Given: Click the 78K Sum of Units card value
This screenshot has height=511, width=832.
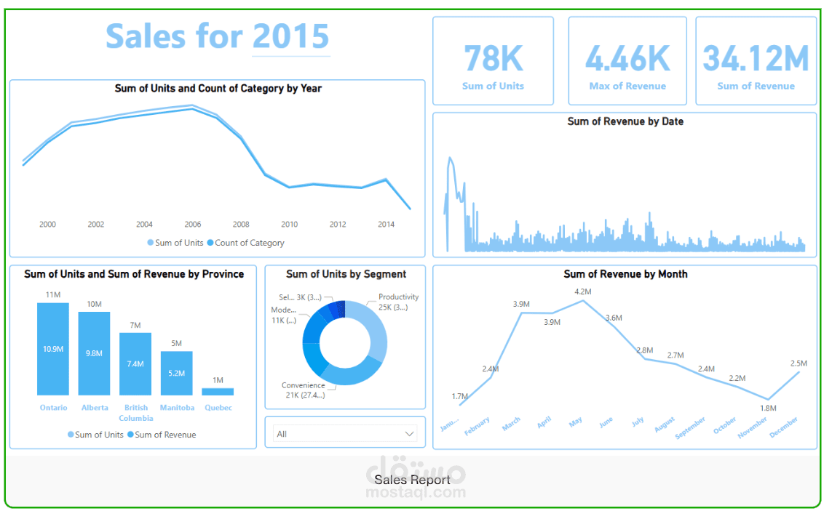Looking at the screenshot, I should click(x=493, y=59).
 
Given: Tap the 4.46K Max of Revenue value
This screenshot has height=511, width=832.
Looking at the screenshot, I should click(x=627, y=59).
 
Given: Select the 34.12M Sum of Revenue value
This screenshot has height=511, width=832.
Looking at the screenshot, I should click(x=756, y=59).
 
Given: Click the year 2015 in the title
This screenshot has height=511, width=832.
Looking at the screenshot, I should click(x=290, y=36).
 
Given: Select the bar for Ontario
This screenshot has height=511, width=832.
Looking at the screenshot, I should click(x=53, y=349).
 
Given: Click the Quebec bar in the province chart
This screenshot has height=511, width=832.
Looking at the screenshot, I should click(x=218, y=391).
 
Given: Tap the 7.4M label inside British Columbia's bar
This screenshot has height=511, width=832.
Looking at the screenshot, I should click(x=135, y=363).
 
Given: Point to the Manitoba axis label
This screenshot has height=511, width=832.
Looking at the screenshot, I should click(x=177, y=408).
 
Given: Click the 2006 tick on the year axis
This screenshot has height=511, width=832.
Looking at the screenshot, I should click(x=193, y=225).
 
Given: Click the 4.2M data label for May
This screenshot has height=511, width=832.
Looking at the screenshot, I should click(x=582, y=291).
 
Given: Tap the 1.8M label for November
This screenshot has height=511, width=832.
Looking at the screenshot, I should click(x=768, y=409).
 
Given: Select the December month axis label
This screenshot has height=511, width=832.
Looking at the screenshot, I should click(x=785, y=427).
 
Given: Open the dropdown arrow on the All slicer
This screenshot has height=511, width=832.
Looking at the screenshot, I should click(x=408, y=434).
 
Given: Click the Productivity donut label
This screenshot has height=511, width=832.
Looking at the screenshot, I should click(x=398, y=297).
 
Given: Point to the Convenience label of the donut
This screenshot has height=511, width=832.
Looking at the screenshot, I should click(x=304, y=385).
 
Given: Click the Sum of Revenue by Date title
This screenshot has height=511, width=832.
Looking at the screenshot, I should click(x=625, y=121).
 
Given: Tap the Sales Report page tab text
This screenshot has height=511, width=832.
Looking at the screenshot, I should click(x=412, y=480).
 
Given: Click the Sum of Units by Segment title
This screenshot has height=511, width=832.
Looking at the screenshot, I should click(x=346, y=274).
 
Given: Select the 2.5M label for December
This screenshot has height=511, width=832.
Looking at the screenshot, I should click(x=799, y=363).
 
